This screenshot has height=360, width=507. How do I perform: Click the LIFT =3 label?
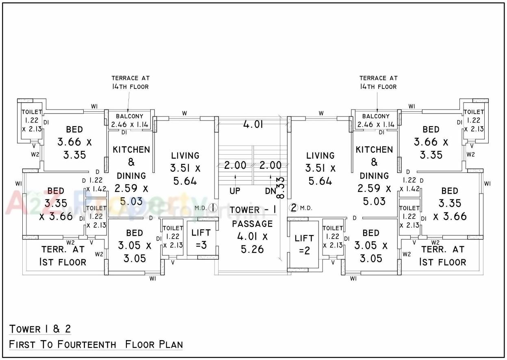201,238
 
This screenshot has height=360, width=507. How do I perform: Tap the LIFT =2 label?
304,244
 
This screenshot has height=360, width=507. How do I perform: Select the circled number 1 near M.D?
212,207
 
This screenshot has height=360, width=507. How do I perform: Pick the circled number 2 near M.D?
294,208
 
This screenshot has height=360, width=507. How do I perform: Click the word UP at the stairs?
235,191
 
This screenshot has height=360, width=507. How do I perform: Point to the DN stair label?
270,191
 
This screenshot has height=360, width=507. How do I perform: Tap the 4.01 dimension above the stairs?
253,124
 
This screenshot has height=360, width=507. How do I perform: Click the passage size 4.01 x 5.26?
252,243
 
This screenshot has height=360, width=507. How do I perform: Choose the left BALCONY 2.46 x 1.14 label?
130,121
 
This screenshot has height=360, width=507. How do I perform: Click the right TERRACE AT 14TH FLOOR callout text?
378,82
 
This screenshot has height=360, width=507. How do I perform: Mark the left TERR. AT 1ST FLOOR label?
63,256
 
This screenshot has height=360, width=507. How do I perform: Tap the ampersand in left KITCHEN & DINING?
131,162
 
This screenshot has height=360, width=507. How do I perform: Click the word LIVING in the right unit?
320,155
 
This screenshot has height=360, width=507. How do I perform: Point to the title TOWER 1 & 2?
40,328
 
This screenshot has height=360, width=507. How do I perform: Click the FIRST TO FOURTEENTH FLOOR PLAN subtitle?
96,345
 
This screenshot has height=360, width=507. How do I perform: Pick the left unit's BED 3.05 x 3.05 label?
134,246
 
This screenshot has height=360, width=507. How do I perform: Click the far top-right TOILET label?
474,112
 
